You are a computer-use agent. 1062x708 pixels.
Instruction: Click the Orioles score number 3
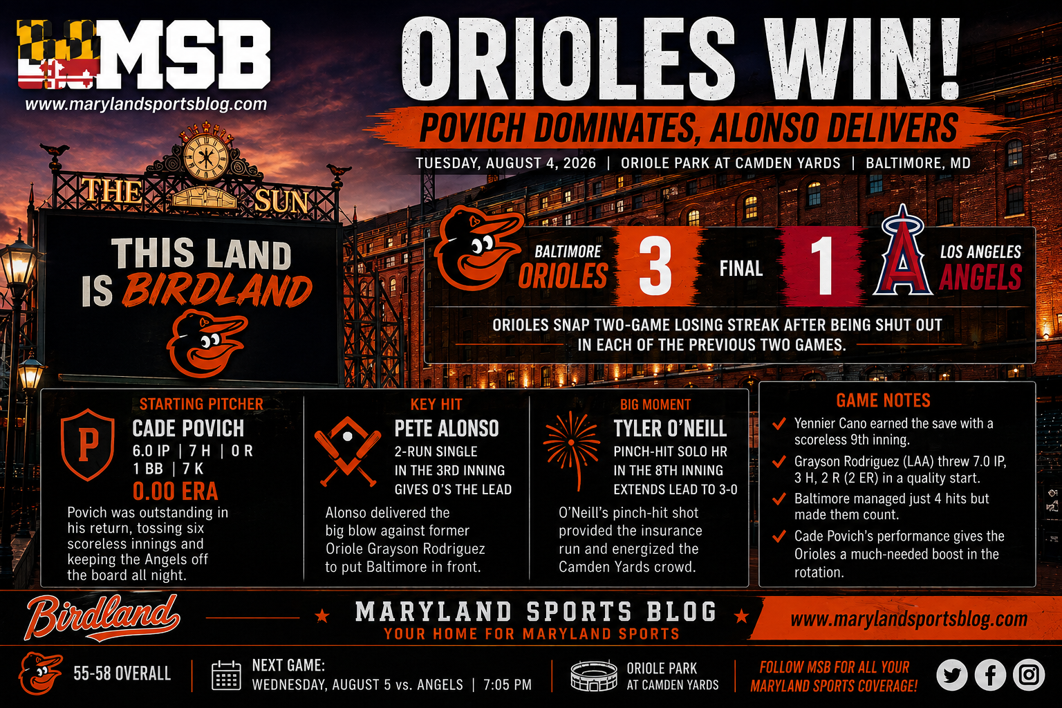tap(655, 265)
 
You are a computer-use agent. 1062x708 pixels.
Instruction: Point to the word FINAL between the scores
tap(741, 268)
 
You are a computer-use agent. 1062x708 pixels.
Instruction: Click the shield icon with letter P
tap(88, 445)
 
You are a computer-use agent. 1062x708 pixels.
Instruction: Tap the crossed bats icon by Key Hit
tap(348, 451)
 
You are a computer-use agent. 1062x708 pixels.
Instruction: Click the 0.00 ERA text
tap(175, 492)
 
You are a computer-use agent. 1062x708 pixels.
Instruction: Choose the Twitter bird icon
tap(952, 675)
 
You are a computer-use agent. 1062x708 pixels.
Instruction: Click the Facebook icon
tap(990, 675)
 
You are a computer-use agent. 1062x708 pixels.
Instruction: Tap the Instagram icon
tap(1029, 675)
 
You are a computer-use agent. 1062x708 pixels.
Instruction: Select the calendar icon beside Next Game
tap(226, 676)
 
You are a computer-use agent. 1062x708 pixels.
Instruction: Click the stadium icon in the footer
tap(594, 676)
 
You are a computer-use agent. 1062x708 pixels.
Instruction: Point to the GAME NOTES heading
tap(883, 401)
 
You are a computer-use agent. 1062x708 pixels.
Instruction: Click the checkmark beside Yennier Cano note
tap(779, 423)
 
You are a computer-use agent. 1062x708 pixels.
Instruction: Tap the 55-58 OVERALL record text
tap(122, 673)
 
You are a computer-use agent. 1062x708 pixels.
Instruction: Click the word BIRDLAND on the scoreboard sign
tap(217, 290)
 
